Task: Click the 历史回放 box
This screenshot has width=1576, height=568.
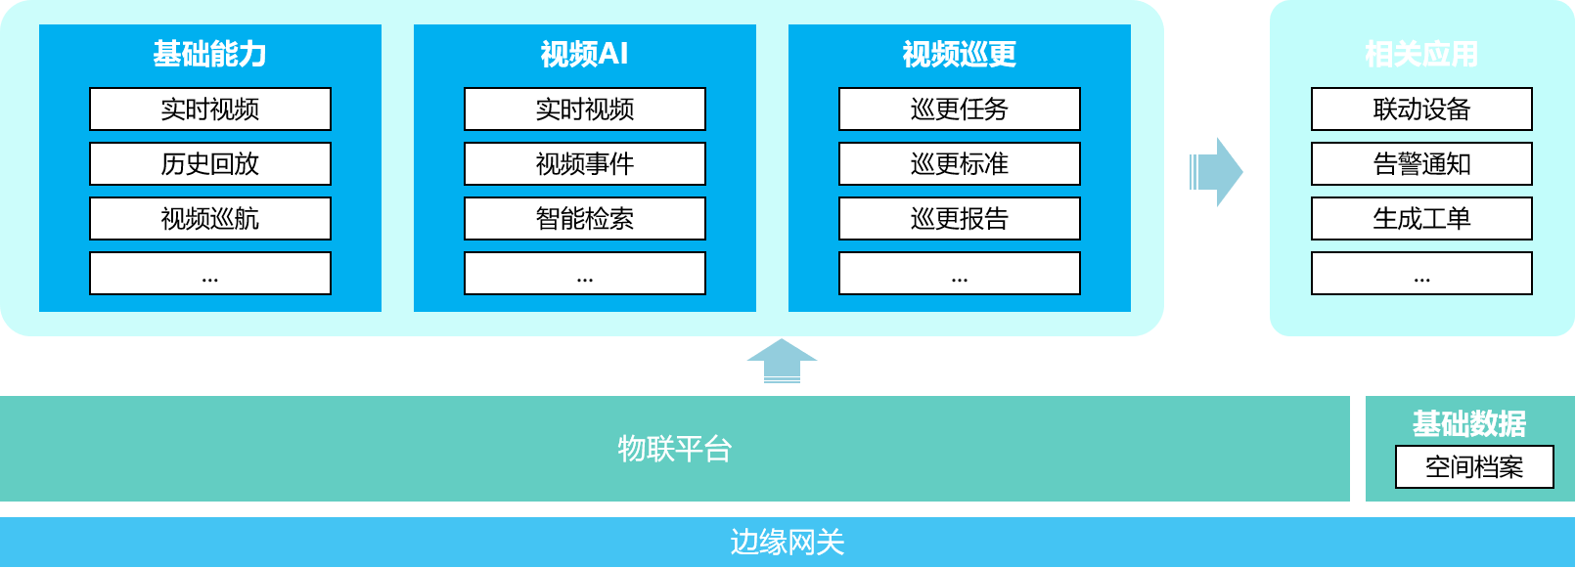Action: click(x=210, y=164)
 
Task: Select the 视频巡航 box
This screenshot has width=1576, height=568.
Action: click(x=210, y=219)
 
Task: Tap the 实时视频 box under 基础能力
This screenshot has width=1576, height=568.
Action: click(x=210, y=109)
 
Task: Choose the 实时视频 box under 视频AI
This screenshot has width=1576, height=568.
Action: click(x=585, y=109)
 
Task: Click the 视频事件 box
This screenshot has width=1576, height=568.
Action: click(x=585, y=164)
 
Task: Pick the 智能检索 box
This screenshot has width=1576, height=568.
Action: click(x=585, y=219)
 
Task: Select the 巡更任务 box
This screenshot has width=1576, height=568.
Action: click(x=960, y=109)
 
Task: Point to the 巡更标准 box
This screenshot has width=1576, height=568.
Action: click(x=960, y=164)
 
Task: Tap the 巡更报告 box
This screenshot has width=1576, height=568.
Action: click(x=960, y=219)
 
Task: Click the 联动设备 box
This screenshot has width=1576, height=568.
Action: click(x=1421, y=109)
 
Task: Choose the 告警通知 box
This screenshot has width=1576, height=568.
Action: click(x=1421, y=164)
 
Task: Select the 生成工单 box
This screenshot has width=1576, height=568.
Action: click(x=1421, y=219)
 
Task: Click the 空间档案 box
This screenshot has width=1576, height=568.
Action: click(x=1474, y=467)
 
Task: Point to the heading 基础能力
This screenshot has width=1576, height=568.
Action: click(x=210, y=54)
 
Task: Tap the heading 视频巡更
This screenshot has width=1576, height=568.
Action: click(x=960, y=54)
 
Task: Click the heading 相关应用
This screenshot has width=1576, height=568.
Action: click(x=1421, y=54)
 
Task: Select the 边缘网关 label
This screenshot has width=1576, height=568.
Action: click(x=788, y=543)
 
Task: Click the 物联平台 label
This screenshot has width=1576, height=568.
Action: click(x=675, y=449)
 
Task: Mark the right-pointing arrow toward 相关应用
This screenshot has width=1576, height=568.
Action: click(x=1216, y=172)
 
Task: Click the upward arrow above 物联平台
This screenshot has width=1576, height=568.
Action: click(x=782, y=361)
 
